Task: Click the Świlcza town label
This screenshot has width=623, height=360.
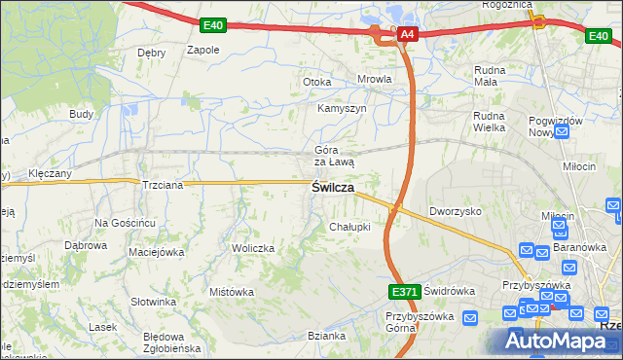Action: click(332, 187)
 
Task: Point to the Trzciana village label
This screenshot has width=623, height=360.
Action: click(163, 184)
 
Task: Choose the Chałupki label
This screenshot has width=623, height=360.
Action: click(349, 227)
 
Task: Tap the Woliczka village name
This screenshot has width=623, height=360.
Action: click(253, 248)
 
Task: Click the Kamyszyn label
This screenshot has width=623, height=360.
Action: click(342, 108)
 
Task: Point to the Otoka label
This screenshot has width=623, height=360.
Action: click(317, 82)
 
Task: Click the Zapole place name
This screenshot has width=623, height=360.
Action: click(202, 50)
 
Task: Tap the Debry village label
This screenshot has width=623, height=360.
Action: click(151, 53)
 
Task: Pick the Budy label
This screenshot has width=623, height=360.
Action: click(81, 114)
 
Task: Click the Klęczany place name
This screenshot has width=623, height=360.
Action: click(50, 173)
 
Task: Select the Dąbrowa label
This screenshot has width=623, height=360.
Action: click(85, 245)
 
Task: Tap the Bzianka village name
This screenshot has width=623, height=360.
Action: click(326, 336)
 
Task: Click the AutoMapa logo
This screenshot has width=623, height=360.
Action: click(554, 341)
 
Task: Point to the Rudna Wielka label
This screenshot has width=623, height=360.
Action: click(491, 121)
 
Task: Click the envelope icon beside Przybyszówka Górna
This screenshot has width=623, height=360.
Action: click(470, 317)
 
